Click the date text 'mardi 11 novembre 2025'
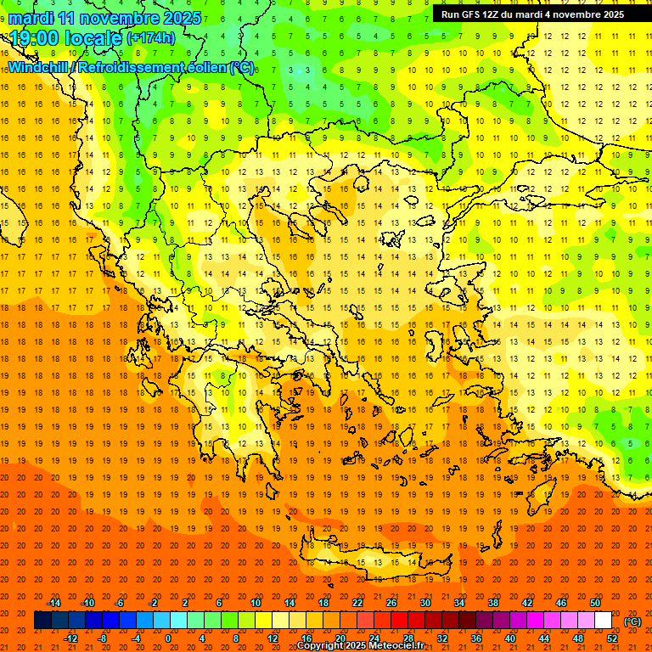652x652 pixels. (105, 18)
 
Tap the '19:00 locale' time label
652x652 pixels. (65, 37)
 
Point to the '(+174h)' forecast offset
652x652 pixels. (151, 38)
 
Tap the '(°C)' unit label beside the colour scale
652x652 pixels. (632, 621)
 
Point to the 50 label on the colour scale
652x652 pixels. (594, 603)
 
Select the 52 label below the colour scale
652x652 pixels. (611, 638)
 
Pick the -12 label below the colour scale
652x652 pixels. (70, 638)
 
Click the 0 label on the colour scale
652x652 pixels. (168, 638)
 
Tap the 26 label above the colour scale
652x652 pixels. (391, 603)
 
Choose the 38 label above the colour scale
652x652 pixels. (492, 603)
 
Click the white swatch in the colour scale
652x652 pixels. (603, 621)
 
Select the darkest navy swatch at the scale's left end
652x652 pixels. (42, 621)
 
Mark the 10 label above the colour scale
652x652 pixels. (255, 603)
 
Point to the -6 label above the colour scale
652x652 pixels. (120, 603)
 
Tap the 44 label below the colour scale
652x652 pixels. (543, 638)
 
